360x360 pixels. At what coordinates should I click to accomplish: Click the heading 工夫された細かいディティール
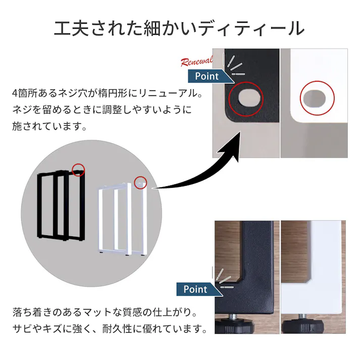pos(179,28)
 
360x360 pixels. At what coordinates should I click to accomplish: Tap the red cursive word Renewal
pos(197,62)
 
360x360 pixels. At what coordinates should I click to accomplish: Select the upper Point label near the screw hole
pos(207,76)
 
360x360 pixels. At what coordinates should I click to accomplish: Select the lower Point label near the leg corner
pos(195,289)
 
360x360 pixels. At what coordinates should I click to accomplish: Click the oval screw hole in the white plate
pos(317,97)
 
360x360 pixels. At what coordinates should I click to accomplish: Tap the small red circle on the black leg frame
pos(78,170)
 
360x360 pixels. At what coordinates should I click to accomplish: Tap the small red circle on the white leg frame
pos(140,182)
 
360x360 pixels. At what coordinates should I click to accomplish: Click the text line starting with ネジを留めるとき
pos(101,110)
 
